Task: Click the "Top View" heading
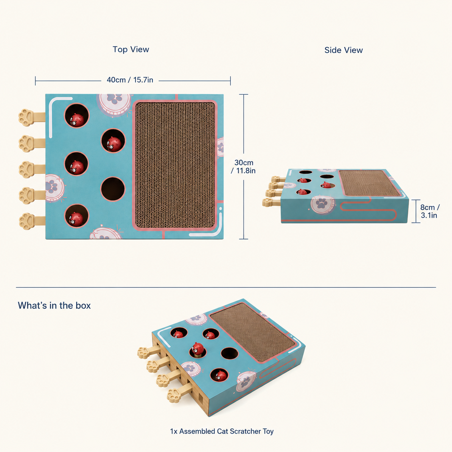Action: pyautogui.click(x=130, y=49)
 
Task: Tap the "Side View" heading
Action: pyautogui.click(x=344, y=50)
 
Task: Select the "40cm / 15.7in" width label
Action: pyautogui.click(x=130, y=80)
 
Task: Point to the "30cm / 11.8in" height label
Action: pyautogui.click(x=243, y=167)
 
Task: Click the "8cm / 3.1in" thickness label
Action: pyautogui.click(x=430, y=211)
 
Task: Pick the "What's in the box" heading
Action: pyautogui.click(x=54, y=305)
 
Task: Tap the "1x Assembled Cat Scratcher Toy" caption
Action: pyautogui.click(x=222, y=431)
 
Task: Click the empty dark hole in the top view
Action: pyautogui.click(x=113, y=189)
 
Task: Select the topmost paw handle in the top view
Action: pyautogui.click(x=32, y=117)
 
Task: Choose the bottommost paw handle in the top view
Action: pyautogui.click(x=32, y=221)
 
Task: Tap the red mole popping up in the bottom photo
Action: pyautogui.click(x=198, y=348)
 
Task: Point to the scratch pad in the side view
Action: pyautogui.click(x=370, y=183)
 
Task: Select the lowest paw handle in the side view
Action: pyautogui.click(x=271, y=202)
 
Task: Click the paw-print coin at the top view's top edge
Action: pyautogui.click(x=114, y=105)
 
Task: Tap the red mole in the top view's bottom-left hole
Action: pyautogui.click(x=76, y=219)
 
